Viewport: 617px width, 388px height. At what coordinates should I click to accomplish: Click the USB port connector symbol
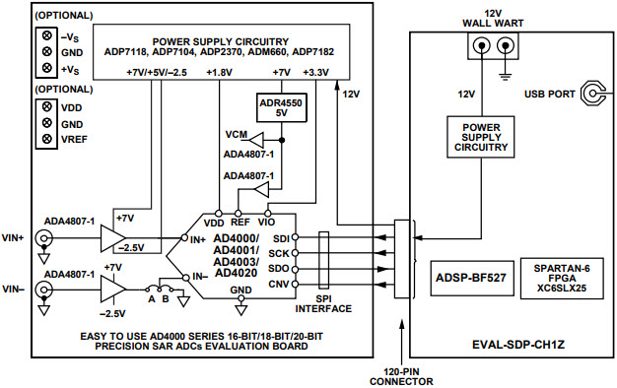click(592, 95)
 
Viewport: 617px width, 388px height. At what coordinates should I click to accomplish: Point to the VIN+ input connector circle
click(44, 238)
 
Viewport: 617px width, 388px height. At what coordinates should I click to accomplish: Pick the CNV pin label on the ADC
click(279, 286)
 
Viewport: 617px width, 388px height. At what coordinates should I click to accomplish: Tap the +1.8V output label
click(218, 72)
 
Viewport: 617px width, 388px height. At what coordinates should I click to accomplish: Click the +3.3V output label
click(314, 72)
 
